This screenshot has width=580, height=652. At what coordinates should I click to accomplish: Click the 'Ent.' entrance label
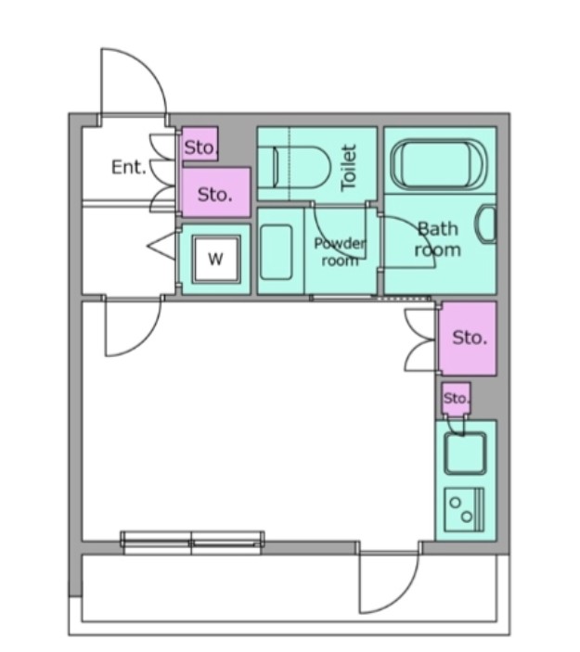129,167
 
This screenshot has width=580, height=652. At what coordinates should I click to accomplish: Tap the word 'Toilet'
349,168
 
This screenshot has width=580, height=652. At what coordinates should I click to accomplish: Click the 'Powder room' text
340,251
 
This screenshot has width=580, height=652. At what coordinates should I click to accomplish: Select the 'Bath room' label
438,239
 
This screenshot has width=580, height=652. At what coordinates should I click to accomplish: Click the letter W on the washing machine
215,259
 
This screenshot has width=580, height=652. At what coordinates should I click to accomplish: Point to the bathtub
438,165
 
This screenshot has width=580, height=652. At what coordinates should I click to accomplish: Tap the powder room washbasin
276,252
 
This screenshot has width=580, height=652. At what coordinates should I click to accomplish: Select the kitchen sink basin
465,454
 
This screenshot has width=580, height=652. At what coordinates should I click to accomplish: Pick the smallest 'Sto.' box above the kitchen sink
456,399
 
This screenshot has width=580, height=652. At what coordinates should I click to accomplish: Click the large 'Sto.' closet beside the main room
469,339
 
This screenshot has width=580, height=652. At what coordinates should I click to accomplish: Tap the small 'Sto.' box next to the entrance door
200,144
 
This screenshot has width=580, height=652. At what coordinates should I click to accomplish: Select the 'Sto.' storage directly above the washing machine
216,192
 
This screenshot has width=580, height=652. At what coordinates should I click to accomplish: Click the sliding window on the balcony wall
192,543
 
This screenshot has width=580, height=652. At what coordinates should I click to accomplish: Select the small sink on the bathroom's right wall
486,224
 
